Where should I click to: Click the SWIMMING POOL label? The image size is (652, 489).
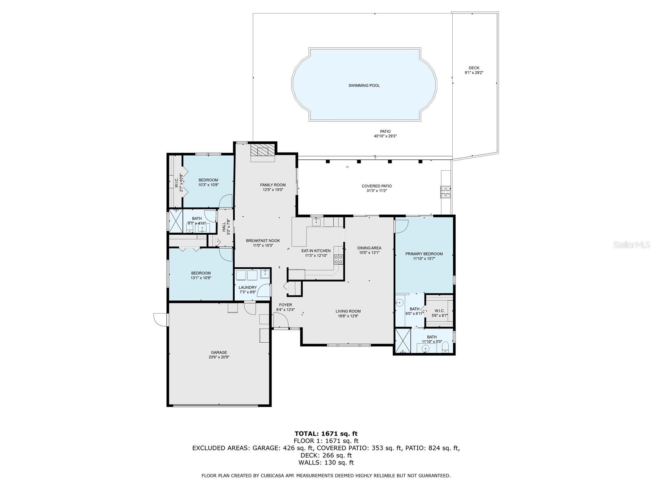364,86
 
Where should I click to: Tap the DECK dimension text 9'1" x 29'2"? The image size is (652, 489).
474,73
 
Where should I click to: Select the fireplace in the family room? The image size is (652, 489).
263,151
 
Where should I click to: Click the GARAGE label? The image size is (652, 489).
219,352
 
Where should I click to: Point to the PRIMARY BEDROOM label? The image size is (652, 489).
424,254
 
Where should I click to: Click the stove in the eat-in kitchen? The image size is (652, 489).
339,259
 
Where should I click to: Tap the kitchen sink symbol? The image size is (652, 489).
316,222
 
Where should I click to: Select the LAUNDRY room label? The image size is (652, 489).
247,287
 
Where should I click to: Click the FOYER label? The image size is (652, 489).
285,305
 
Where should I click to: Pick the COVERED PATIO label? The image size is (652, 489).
377,186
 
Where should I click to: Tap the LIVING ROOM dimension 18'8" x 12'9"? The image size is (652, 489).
348,316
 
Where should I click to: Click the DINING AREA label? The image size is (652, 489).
369,248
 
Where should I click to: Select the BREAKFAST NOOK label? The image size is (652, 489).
263,241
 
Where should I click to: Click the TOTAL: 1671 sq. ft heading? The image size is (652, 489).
326,434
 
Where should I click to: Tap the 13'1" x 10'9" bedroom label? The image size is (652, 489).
201,273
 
